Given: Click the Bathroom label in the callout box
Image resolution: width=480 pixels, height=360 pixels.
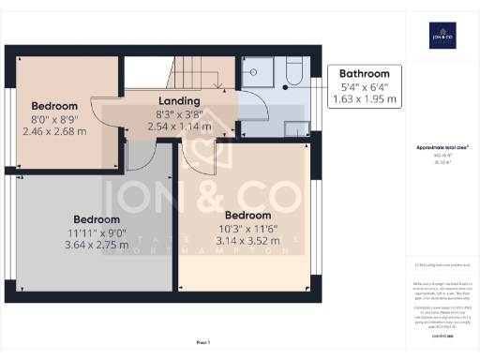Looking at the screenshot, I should click(x=364, y=73).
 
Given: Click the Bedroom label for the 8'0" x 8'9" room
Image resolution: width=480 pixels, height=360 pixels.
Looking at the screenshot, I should click(x=54, y=106).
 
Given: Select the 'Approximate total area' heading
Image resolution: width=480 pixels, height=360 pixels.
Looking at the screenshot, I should click(x=441, y=148).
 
